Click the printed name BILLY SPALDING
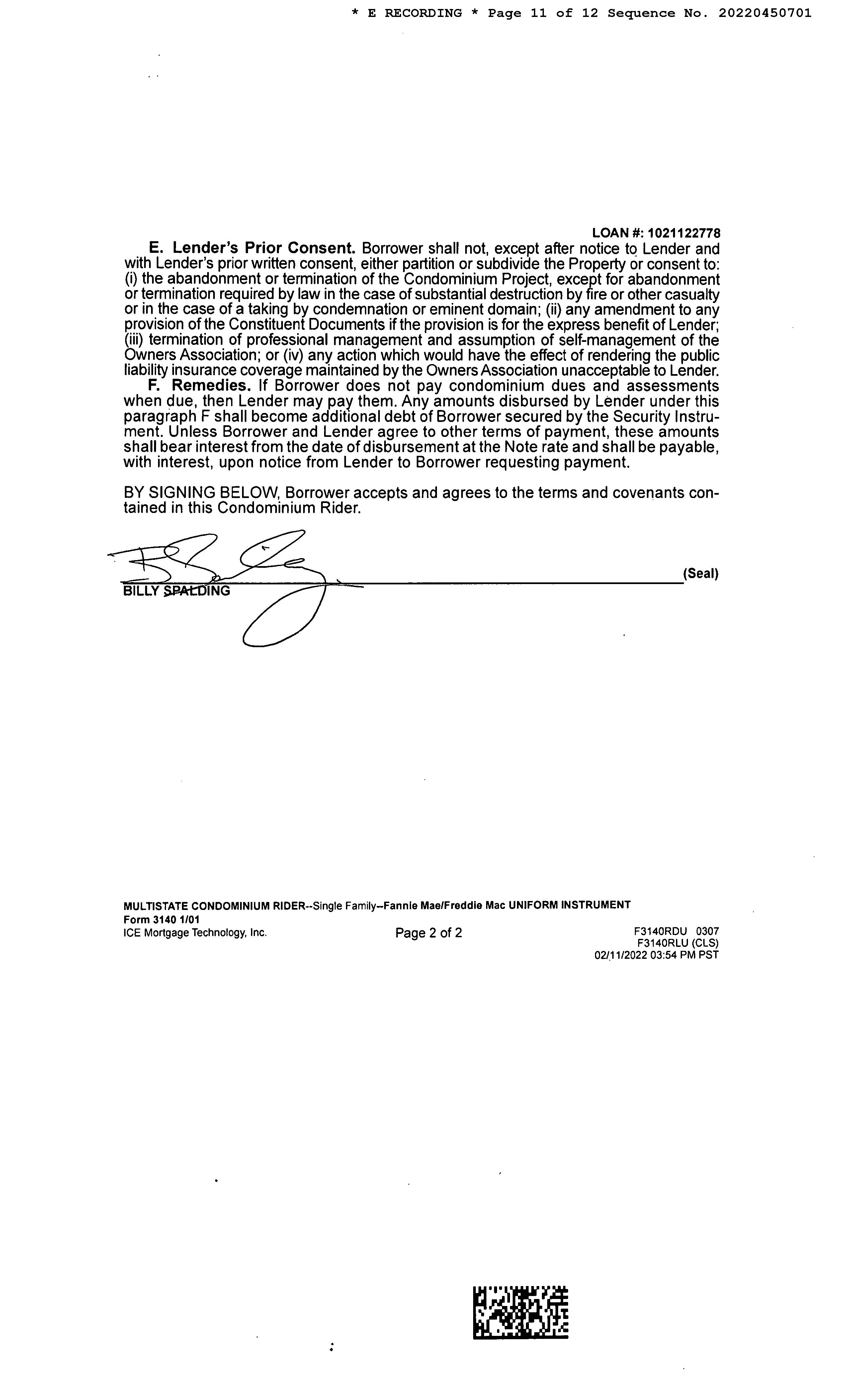176,591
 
